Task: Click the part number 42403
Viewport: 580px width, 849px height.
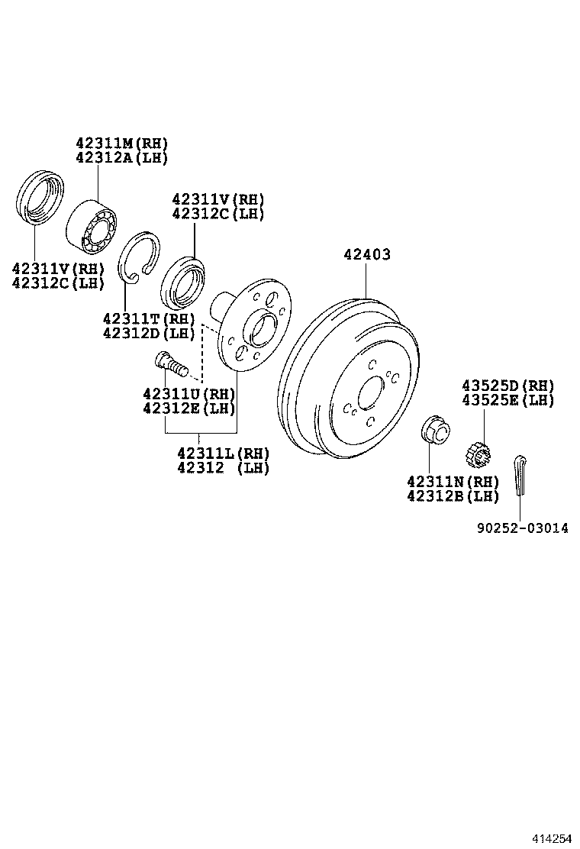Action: pyautogui.click(x=366, y=254)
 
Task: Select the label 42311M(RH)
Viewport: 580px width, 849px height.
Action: pyautogui.click(x=121, y=144)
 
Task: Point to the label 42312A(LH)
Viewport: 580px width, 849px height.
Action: pyautogui.click(x=121, y=157)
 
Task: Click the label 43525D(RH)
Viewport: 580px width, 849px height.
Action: pyautogui.click(x=507, y=386)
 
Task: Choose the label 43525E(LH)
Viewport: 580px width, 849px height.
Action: pyautogui.click(x=507, y=400)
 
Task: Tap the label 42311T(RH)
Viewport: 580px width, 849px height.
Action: pyautogui.click(x=149, y=318)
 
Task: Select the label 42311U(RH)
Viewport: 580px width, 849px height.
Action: pyautogui.click(x=188, y=394)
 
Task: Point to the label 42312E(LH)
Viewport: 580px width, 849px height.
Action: pyautogui.click(x=188, y=408)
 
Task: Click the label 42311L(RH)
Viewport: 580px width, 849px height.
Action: pyautogui.click(x=224, y=453)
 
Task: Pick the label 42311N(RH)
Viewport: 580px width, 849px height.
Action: pyautogui.click(x=453, y=482)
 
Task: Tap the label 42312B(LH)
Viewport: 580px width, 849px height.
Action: pyautogui.click(x=453, y=496)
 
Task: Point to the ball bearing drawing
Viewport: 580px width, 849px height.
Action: pyautogui.click(x=92, y=225)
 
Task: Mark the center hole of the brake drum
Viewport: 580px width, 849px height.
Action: pyautogui.click(x=372, y=393)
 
